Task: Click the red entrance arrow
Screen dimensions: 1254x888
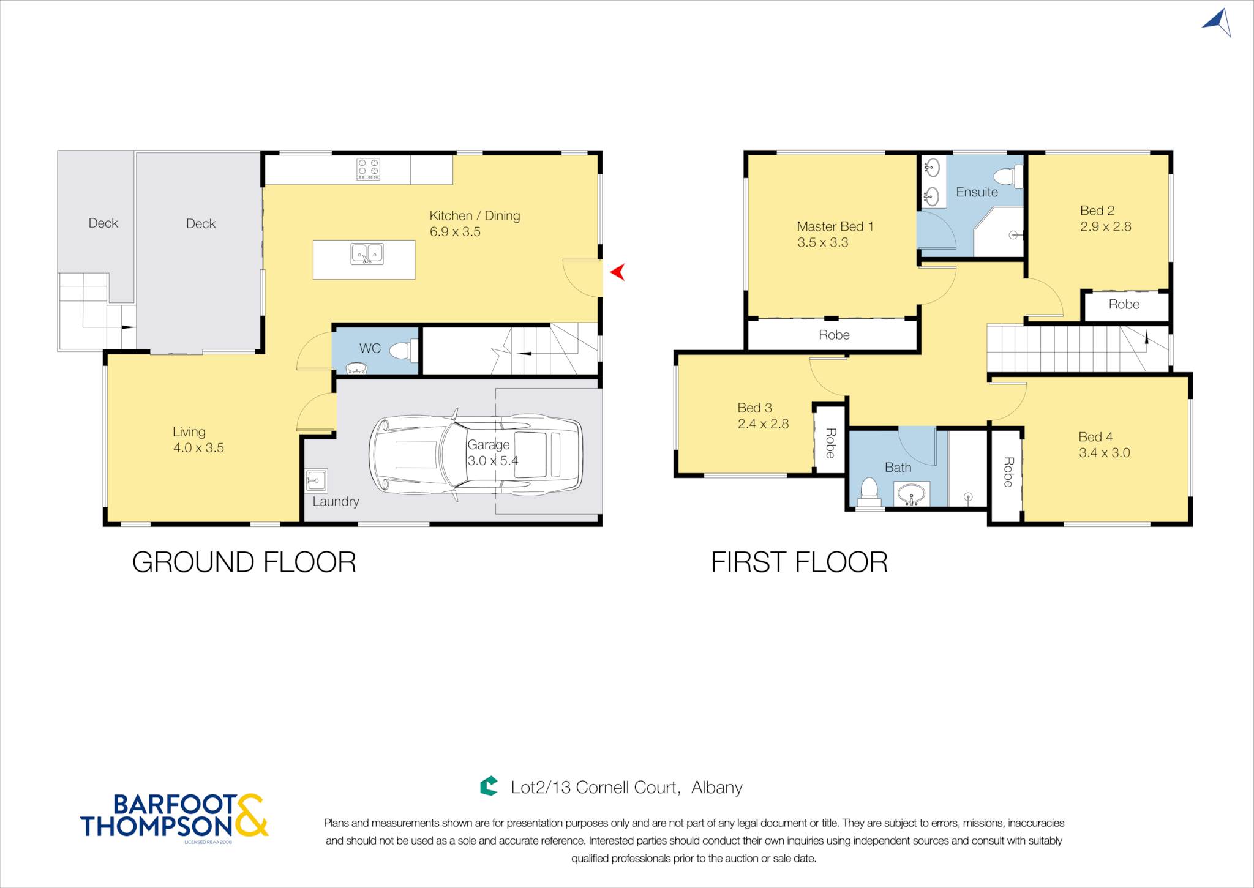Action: coord(618,272)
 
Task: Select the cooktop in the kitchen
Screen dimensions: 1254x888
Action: coord(369,169)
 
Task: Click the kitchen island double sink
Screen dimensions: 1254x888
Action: coord(367,253)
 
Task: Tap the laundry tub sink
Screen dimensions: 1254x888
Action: coord(317,480)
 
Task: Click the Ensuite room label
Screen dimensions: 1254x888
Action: coord(977,192)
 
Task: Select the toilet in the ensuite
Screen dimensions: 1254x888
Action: coord(1008,177)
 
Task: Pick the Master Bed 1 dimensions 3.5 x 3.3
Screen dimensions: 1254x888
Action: coord(822,242)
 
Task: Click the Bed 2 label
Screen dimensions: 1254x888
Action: coord(1097,211)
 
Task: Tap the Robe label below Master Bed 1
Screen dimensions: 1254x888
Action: coord(834,335)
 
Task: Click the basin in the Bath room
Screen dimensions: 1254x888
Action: coord(912,494)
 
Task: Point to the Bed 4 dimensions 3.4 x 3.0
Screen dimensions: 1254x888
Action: coord(1104,453)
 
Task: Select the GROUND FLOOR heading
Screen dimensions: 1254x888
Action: coord(244,562)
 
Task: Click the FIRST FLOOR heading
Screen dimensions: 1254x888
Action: coord(799,562)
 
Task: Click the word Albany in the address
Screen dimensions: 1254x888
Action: coord(717,787)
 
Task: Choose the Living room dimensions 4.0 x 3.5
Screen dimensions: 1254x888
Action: coord(198,448)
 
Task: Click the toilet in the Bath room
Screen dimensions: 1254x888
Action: coord(869,493)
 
